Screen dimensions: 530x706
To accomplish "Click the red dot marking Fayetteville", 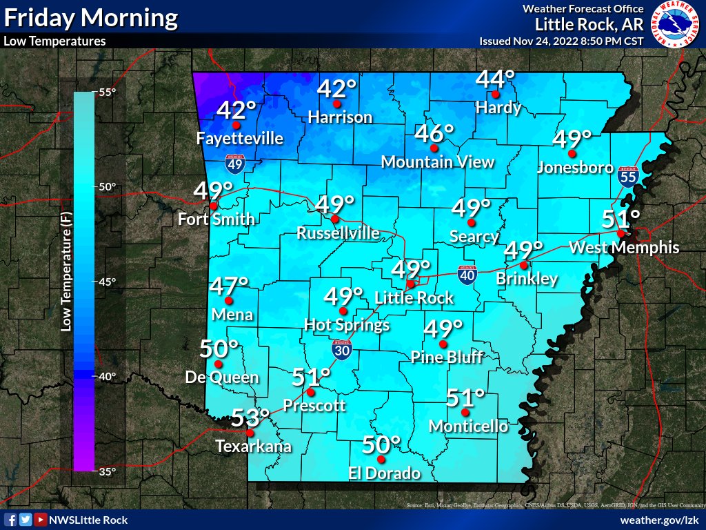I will [x=236, y=126].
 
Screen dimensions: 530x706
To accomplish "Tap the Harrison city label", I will [x=340, y=117].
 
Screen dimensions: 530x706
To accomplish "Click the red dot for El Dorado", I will [x=381, y=459].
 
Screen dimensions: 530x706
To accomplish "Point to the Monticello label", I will [x=468, y=426].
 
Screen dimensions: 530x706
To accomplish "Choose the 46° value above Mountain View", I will [x=435, y=132].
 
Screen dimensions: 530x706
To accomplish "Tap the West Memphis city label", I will [x=624, y=248].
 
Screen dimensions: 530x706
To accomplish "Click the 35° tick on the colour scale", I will [x=106, y=472].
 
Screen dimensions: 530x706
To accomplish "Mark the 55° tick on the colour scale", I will [x=106, y=92].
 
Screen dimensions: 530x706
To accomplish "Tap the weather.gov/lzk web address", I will [x=660, y=520].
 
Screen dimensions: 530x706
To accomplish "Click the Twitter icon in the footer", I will [x=26, y=520].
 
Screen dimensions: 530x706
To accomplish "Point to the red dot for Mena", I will [x=229, y=301].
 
